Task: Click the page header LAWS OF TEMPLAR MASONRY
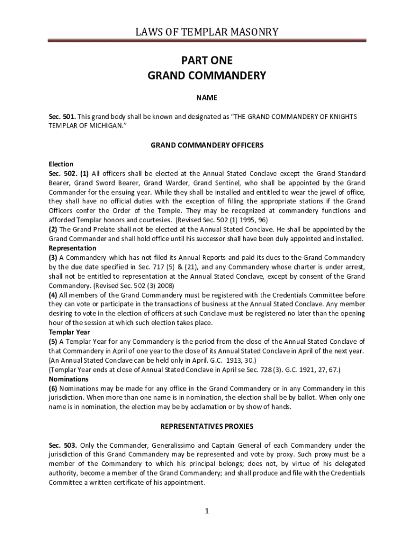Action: click(x=207, y=32)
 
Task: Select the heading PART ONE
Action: click(x=207, y=60)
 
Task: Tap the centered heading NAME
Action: click(x=207, y=97)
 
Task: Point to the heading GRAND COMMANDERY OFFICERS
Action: click(x=207, y=145)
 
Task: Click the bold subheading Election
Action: click(x=61, y=164)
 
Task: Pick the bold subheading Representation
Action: click(x=73, y=248)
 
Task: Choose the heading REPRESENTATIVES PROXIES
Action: click(x=207, y=426)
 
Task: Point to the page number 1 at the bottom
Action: click(x=207, y=511)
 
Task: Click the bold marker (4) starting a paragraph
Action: click(x=53, y=295)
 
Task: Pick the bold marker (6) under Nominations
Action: click(x=53, y=388)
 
